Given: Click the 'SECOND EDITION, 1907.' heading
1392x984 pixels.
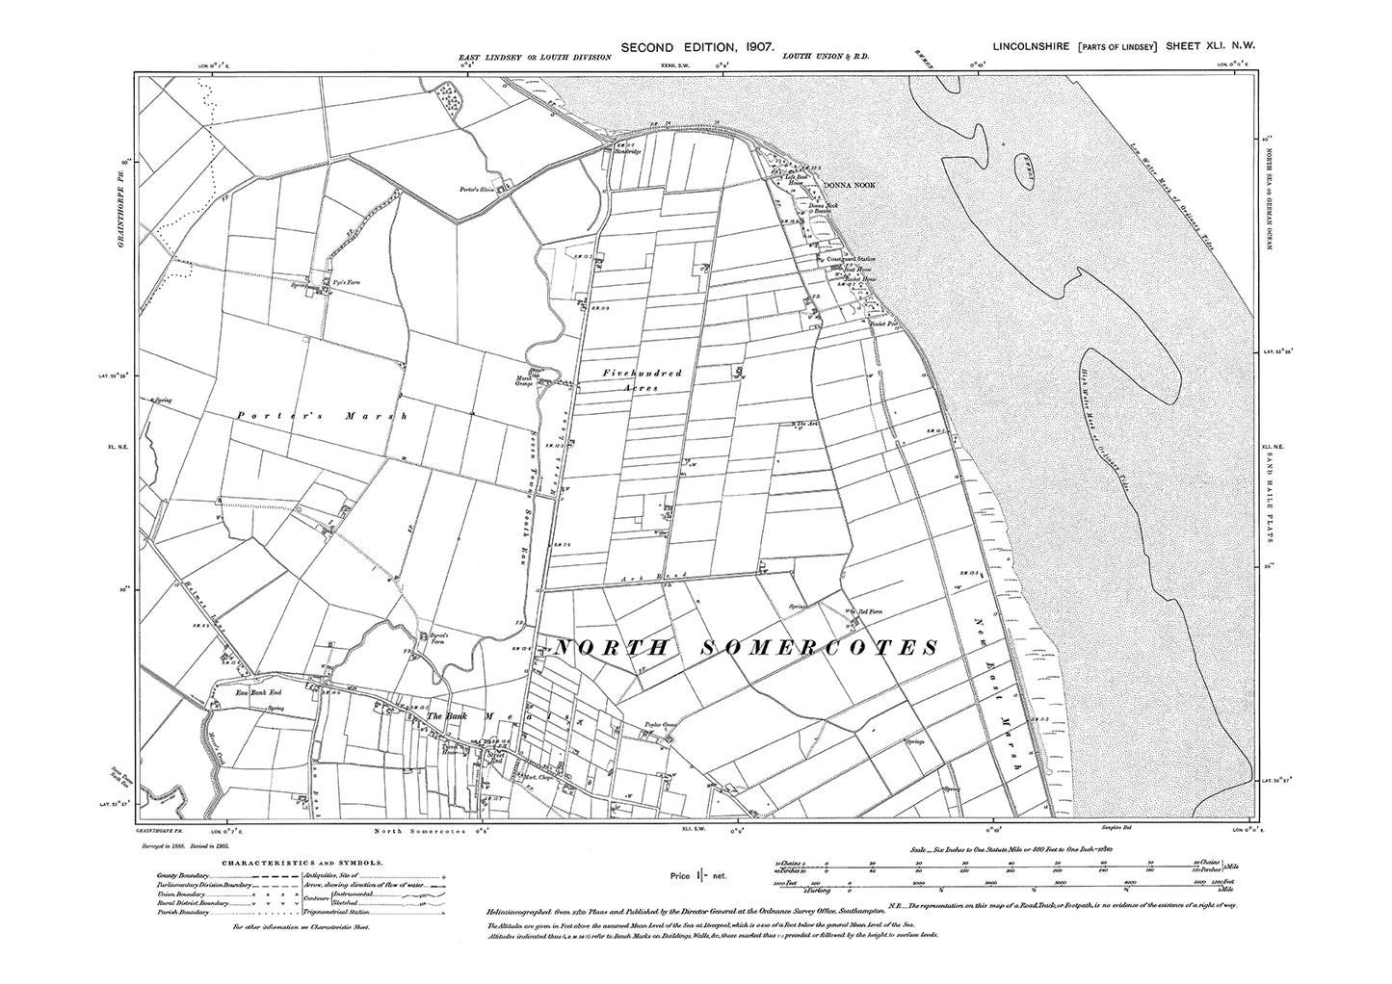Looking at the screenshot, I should [699, 46].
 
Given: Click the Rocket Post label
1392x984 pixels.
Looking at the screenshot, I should [883, 323].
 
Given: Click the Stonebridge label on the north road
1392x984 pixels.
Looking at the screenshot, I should [626, 152].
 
